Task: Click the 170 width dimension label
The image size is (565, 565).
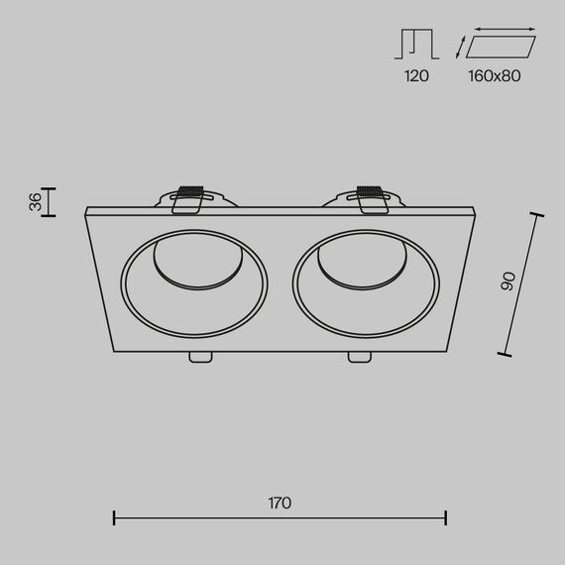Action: [x=280, y=503]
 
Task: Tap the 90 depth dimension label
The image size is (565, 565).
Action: [x=508, y=282]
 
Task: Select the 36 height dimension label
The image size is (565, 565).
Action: [x=36, y=202]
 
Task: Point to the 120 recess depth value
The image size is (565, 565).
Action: [x=416, y=76]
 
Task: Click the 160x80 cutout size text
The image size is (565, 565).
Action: [x=495, y=76]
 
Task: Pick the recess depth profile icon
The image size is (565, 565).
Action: [x=416, y=44]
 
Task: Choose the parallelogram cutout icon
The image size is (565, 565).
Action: [x=501, y=47]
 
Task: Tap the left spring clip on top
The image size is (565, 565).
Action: [x=187, y=199]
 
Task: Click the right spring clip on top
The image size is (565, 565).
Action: [x=372, y=199]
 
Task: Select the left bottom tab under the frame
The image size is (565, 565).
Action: [x=200, y=357]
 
